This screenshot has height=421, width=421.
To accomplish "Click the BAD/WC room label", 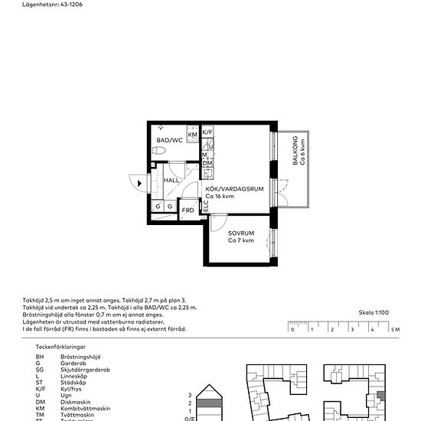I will (169, 140).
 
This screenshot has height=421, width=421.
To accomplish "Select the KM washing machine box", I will (192, 135).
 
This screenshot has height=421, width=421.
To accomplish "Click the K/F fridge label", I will (207, 132).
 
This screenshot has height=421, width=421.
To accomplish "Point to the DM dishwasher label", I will (207, 163).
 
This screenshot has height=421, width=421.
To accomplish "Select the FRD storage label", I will (188, 209).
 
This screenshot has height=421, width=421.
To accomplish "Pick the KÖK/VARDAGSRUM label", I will (234, 188).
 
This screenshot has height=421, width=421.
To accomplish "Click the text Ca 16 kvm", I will (220, 196).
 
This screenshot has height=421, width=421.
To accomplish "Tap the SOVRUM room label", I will (241, 233).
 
